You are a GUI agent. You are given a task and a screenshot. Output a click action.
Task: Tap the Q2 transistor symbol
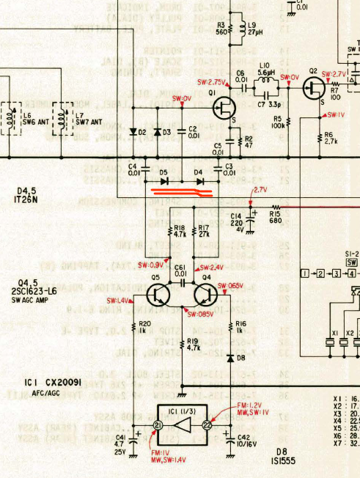317,89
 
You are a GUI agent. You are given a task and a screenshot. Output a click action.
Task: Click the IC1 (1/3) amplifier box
181,424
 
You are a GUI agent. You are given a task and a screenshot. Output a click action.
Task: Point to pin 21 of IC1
157,425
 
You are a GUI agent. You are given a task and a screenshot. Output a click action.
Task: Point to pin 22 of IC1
207,425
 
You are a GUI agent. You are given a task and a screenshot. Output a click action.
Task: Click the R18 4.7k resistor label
178,232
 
